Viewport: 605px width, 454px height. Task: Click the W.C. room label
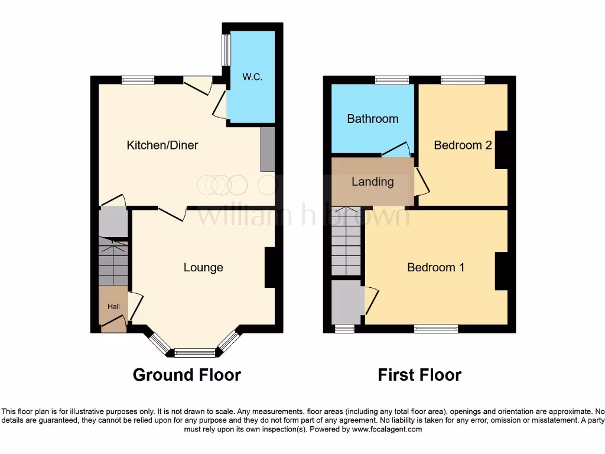[x=252, y=77]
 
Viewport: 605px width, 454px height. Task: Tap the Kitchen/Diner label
[x=162, y=145]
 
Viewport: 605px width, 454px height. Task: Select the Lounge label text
[x=203, y=267]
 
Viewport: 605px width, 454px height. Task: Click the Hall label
[x=113, y=307]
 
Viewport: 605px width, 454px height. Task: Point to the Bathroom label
[x=372, y=119]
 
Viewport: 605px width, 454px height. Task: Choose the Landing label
[x=372, y=181]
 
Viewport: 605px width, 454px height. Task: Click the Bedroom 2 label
[x=463, y=145]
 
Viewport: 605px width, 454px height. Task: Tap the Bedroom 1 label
[x=435, y=267]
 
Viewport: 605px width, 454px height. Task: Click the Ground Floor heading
[x=187, y=375]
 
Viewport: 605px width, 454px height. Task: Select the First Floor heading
[x=419, y=375]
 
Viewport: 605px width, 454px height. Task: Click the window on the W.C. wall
[x=225, y=50]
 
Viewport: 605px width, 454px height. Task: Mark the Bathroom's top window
[x=392, y=80]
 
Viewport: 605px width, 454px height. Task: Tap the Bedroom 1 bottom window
[x=436, y=329]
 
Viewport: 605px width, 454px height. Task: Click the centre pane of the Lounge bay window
[x=195, y=354]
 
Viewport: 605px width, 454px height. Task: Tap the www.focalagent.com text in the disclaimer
[x=387, y=429]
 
